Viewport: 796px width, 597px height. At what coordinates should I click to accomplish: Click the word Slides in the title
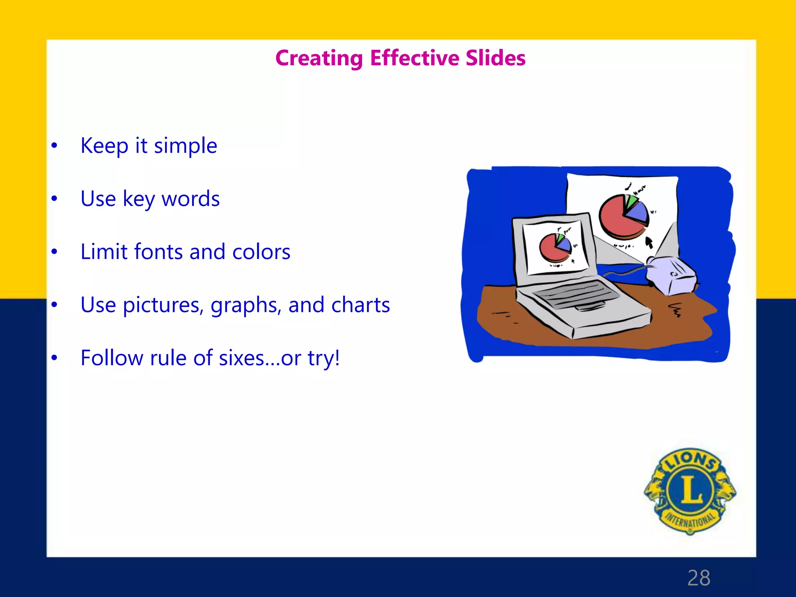click(x=496, y=58)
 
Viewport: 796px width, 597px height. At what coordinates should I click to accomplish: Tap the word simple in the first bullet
click(x=185, y=146)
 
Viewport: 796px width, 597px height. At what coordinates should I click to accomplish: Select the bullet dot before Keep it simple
click(x=54, y=146)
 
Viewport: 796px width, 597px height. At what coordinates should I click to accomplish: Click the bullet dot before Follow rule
click(x=54, y=358)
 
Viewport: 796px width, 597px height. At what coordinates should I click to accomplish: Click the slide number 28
click(x=698, y=578)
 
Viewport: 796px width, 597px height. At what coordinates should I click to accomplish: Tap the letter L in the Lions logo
click(x=691, y=490)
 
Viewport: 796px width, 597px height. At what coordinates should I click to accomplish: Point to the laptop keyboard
click(x=575, y=295)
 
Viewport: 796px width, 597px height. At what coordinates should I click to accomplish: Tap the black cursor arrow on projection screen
click(x=649, y=242)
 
